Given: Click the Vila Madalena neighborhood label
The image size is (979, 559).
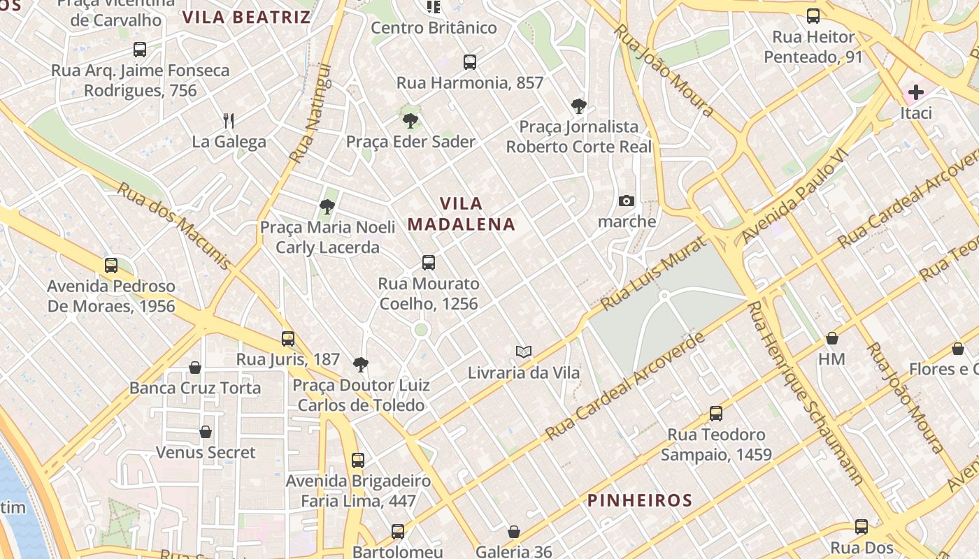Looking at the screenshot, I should pos(461,214).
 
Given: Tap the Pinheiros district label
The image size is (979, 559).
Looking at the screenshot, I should pos(639,500).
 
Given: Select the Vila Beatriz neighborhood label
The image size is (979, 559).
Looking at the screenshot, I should pos(246,17).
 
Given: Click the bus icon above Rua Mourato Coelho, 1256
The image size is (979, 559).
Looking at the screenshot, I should pos(429,263).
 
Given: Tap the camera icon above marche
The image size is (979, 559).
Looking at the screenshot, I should pos(627,201).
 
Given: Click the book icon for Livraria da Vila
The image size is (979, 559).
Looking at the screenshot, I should pos(524,351).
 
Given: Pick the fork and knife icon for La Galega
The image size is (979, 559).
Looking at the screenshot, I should pos(229,120).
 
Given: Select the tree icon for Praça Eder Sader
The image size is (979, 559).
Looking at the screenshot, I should pos(410,121).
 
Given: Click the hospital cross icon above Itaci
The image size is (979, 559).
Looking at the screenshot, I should pos(915,92).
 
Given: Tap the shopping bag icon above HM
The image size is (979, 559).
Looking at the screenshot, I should pos(832,338).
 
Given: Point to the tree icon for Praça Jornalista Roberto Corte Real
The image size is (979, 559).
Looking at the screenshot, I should pos(578,106).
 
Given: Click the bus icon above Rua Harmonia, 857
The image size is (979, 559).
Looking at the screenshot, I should pos(470,62).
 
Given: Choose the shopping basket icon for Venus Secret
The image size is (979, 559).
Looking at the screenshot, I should pos(206,432).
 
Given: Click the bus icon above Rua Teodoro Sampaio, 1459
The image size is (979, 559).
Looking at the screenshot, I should pos(716,414).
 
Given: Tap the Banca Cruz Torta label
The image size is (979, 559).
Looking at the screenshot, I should pos(195,388).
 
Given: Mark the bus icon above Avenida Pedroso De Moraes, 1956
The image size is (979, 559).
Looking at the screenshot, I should pos(111,266).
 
